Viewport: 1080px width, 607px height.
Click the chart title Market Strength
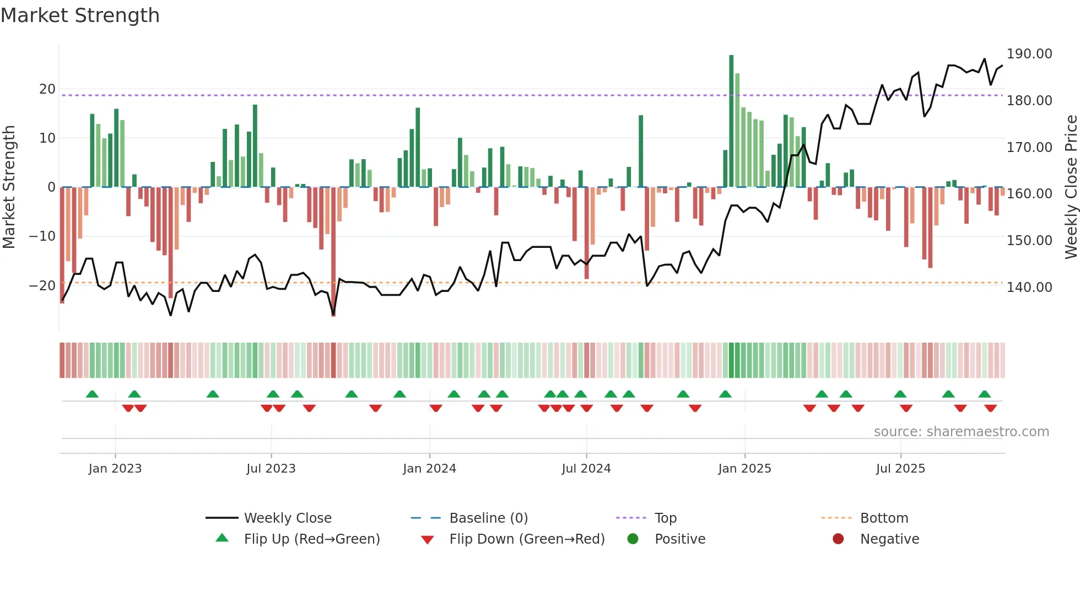80,15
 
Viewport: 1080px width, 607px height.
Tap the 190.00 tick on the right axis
1029,54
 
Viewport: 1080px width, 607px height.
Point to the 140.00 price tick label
1029,287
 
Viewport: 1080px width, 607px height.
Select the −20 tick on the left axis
42,285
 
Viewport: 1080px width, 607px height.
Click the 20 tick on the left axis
47,89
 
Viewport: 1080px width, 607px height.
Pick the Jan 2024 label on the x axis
429,469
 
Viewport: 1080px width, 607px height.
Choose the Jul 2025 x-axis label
900,469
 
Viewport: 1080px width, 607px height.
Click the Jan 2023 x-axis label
115,469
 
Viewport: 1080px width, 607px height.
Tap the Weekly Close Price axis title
1071,187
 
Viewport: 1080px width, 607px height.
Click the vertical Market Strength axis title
9,187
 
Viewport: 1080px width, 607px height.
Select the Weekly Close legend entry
287,518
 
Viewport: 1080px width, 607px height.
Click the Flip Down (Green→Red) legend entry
526,539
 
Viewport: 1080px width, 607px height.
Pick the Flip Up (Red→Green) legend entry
311,539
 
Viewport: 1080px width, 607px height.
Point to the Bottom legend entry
884,518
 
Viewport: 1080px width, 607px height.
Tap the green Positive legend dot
633,539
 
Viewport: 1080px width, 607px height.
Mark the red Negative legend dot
838,539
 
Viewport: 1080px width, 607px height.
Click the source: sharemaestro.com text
961,432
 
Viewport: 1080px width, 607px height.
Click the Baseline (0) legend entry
488,518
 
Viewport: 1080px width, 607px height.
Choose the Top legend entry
665,518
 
